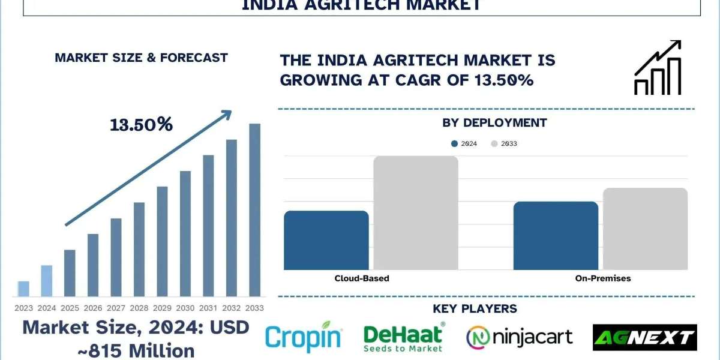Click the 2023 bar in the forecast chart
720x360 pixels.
pyautogui.click(x=23, y=289)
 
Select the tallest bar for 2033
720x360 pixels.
pyautogui.click(x=254, y=210)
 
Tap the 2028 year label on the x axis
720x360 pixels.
pyautogui.click(x=139, y=307)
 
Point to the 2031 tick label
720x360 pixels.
pyautogui.click(x=208, y=307)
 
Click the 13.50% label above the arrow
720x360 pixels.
pyautogui.click(x=141, y=125)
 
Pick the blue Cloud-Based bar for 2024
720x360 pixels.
pyautogui.click(x=326, y=240)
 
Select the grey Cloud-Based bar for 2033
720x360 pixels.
pyautogui.click(x=416, y=213)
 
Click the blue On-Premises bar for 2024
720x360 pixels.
pyautogui.click(x=556, y=235)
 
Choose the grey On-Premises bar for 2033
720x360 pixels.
pyautogui.click(x=645, y=229)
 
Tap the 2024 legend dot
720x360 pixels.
pyautogui.click(x=454, y=144)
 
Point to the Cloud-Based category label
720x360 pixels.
pyautogui.click(x=361, y=278)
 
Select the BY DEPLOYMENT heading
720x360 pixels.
pyautogui.click(x=494, y=123)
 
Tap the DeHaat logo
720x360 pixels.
pyautogui.click(x=404, y=337)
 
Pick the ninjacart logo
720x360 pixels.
pyautogui.click(x=520, y=337)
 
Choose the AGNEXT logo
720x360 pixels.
pyautogui.click(x=644, y=337)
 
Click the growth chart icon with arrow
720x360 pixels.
pyautogui.click(x=658, y=67)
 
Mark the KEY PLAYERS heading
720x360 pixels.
pyautogui.click(x=475, y=309)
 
